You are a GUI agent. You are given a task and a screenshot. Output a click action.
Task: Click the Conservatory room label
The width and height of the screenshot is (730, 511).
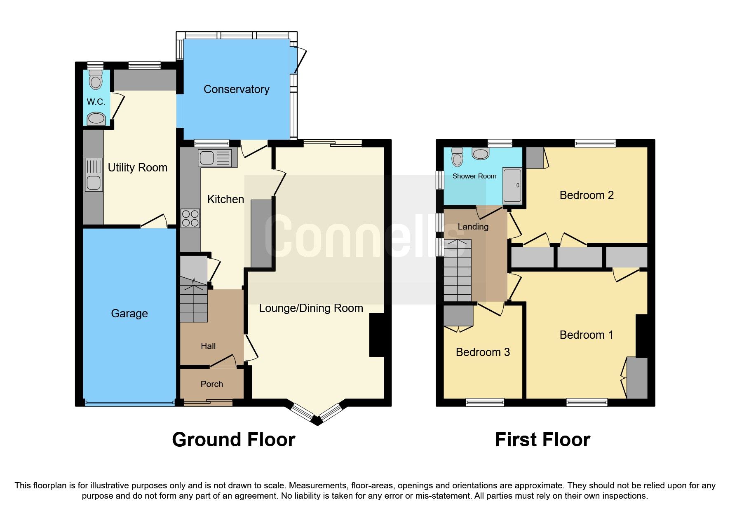pyautogui.click(x=236, y=89)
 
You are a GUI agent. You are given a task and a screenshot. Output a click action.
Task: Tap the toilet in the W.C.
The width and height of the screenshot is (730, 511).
pyautogui.click(x=96, y=80)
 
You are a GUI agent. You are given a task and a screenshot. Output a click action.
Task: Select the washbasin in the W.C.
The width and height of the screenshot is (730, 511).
pyautogui.click(x=96, y=119)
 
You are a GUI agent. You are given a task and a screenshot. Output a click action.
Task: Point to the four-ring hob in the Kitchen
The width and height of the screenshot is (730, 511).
pyautogui.click(x=190, y=218)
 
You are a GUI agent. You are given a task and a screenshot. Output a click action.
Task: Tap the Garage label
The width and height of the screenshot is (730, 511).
pyautogui.click(x=129, y=314)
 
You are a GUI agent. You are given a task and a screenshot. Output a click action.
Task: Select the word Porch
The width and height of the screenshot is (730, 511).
pyautogui.click(x=211, y=384)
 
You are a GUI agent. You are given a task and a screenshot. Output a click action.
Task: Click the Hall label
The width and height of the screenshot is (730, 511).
pyautogui.click(x=208, y=346)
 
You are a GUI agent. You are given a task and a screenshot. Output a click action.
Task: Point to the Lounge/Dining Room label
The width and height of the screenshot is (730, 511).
pyautogui.click(x=311, y=308)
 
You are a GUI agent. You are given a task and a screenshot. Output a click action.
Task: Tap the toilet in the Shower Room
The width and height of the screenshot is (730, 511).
pyautogui.click(x=457, y=157)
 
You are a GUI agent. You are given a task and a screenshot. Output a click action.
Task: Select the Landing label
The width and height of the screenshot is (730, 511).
pyautogui.click(x=473, y=227)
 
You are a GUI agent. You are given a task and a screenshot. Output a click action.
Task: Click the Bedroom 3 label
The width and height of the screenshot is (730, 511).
pyautogui.click(x=483, y=352)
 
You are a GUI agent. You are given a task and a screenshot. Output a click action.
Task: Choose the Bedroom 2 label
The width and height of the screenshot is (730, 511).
pyautogui.click(x=586, y=195)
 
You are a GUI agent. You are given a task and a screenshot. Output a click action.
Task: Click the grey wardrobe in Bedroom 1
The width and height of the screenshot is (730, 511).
pyautogui.click(x=637, y=377)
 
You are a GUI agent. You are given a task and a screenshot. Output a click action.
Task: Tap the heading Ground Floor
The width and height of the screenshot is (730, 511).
pyautogui.click(x=233, y=440)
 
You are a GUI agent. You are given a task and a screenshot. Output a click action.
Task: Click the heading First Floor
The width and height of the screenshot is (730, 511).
pyautogui.click(x=542, y=440)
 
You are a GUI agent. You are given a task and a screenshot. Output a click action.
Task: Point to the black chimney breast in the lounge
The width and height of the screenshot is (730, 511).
pyautogui.click(x=377, y=335)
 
